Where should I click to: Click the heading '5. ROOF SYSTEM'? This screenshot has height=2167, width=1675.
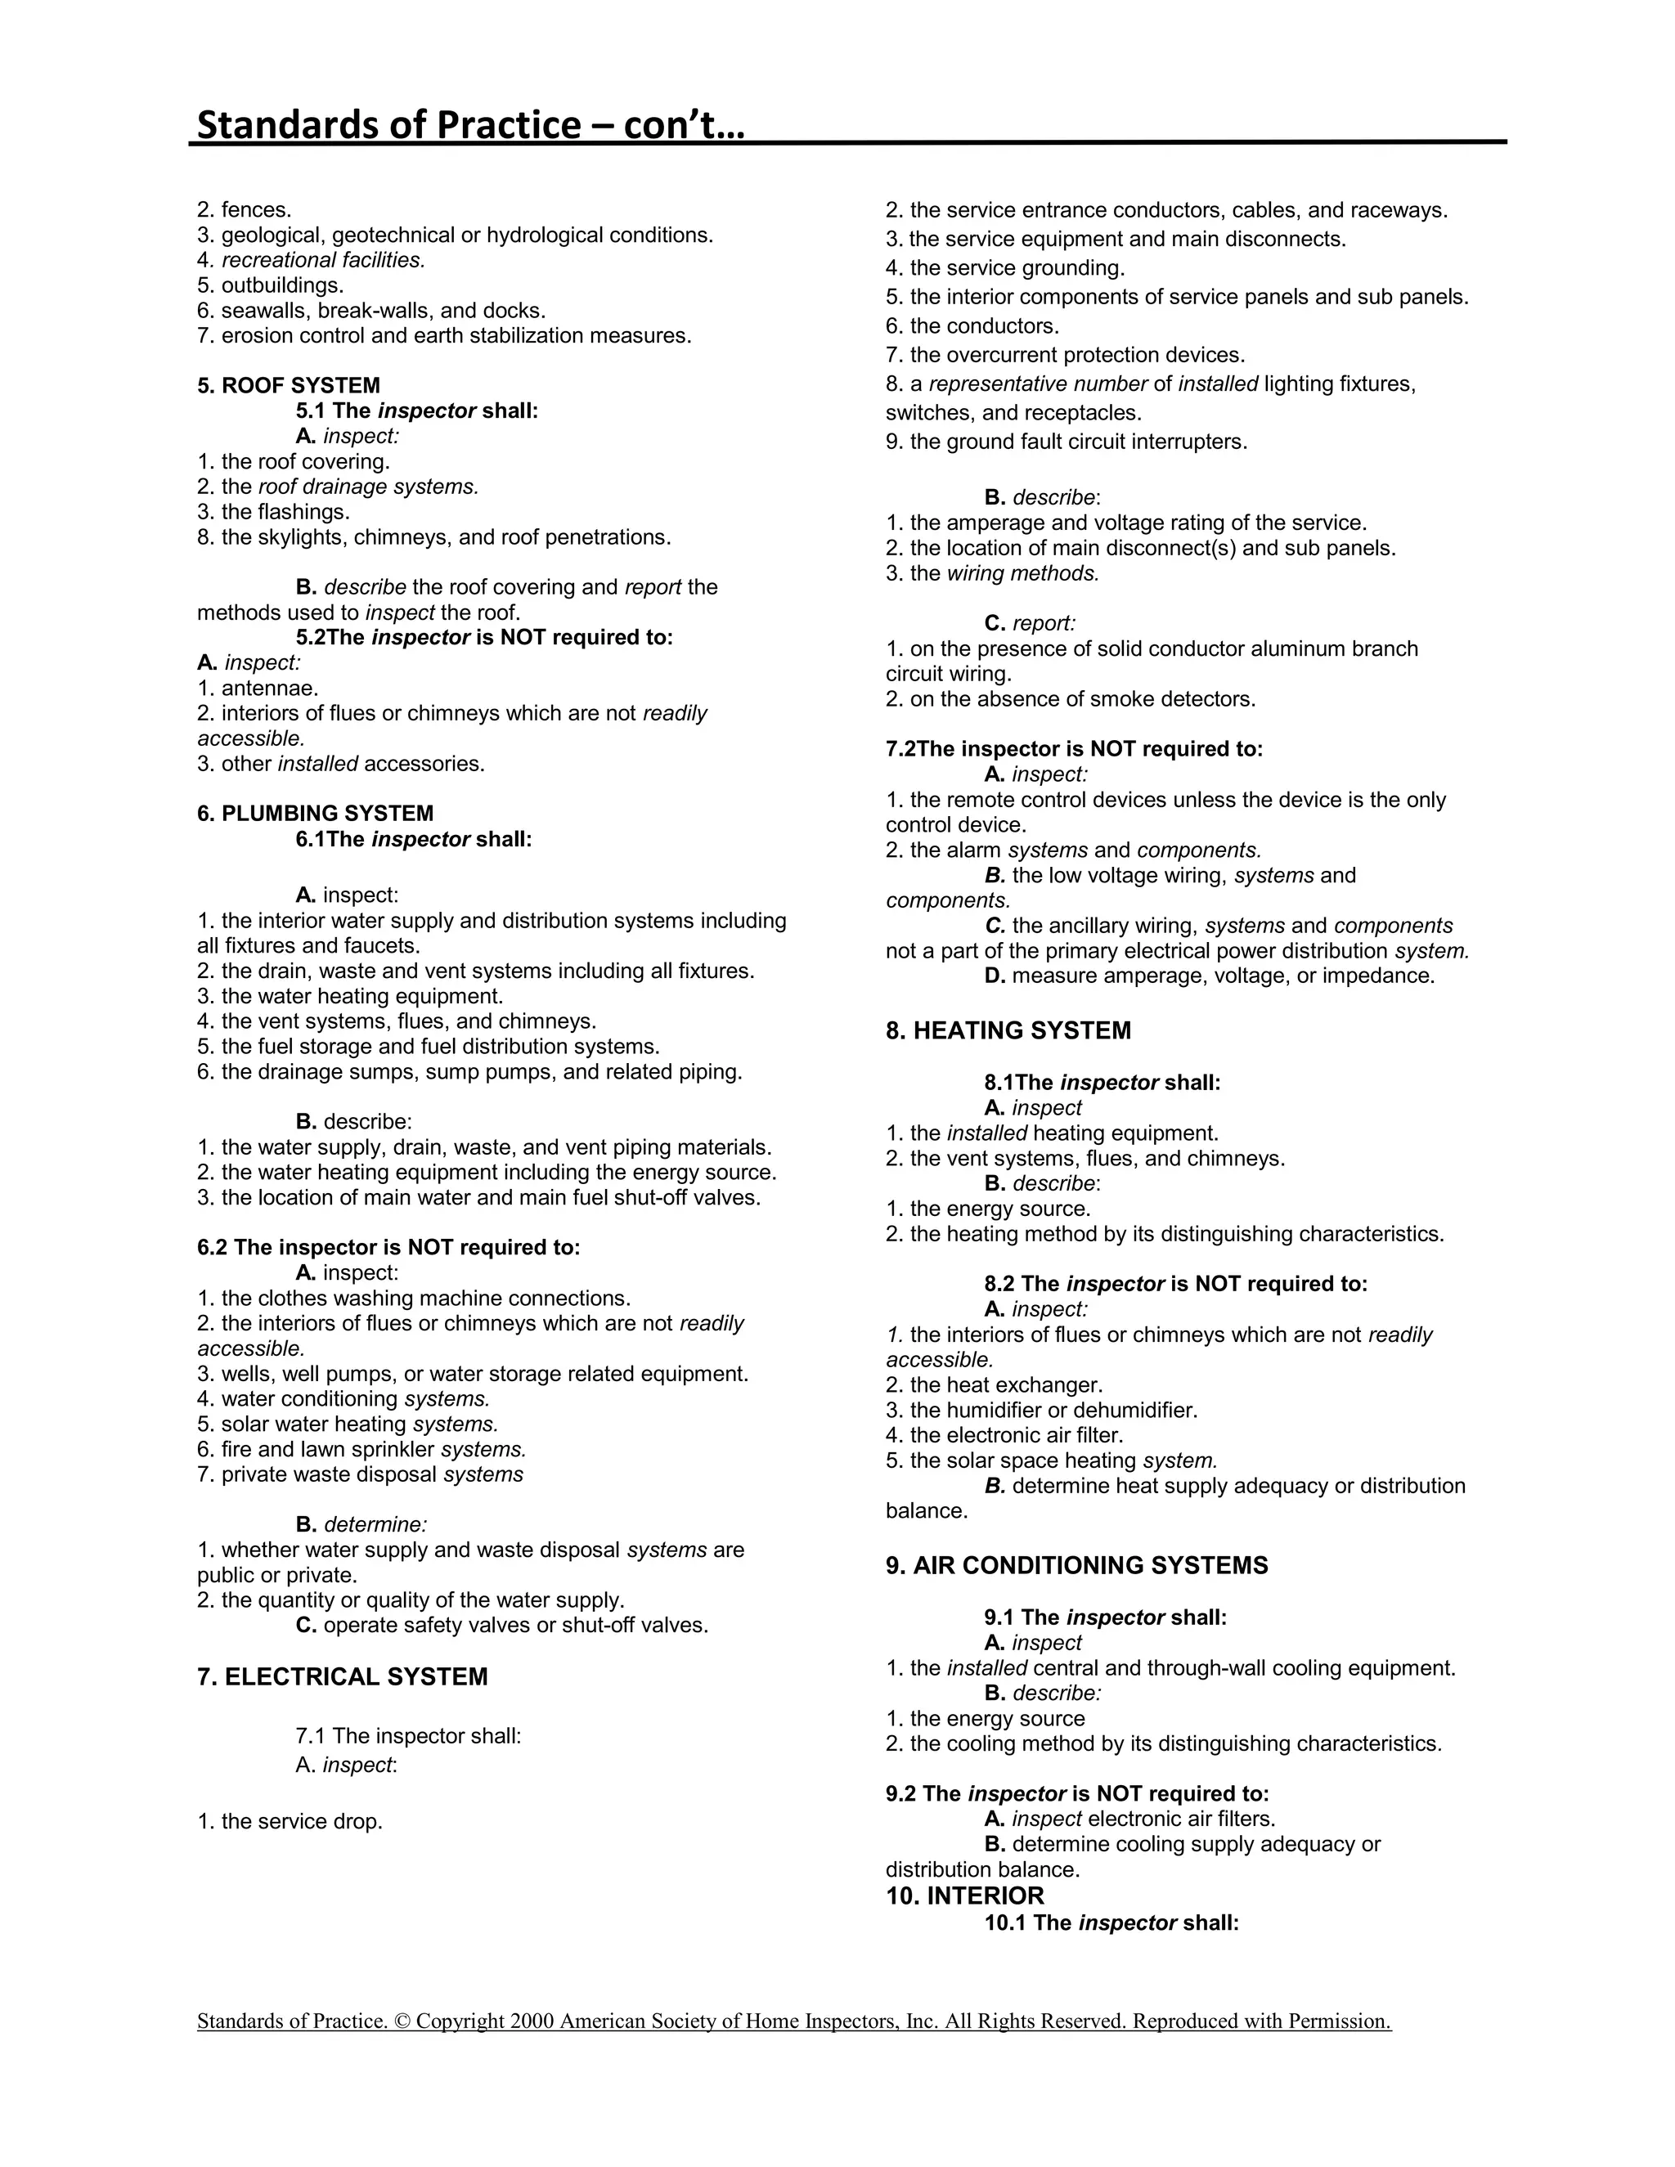tap(288, 386)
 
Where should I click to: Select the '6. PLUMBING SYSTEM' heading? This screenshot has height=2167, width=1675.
tap(315, 814)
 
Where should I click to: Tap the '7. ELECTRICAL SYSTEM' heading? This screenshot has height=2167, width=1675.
tap(343, 1677)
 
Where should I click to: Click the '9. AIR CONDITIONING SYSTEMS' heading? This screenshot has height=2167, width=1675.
tap(1076, 1566)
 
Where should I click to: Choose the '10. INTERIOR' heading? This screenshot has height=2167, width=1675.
tap(964, 1896)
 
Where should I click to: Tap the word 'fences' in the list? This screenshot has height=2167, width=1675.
tap(254, 210)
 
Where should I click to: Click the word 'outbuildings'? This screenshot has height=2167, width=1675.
tap(281, 285)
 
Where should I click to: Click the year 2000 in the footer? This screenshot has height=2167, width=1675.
tap(531, 2021)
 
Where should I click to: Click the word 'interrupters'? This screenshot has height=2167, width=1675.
tap(1185, 442)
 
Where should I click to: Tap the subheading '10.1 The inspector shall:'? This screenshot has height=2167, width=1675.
tap(1111, 1923)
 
